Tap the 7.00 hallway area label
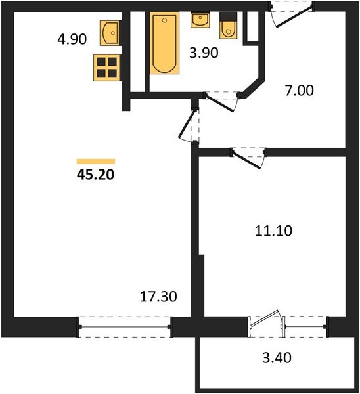point(300,91)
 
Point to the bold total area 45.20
point(96,175)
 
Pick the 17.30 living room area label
point(160,297)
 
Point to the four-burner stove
point(106,67)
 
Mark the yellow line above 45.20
point(96,161)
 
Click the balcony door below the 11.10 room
point(267,323)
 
